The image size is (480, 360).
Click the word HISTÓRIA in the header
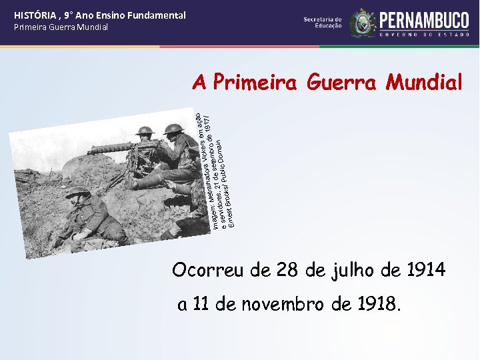pyautogui.click(x=34, y=15)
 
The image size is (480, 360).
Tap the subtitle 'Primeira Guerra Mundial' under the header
pyautogui.click(x=61, y=27)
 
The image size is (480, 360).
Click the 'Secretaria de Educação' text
pyautogui.click(x=323, y=23)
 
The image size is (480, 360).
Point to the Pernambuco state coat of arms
pyautogui.click(x=363, y=23)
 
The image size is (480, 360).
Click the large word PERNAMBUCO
pyautogui.click(x=425, y=19)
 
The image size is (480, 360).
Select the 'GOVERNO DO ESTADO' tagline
pyautogui.click(x=425, y=34)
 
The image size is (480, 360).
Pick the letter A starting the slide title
pyautogui.click(x=199, y=83)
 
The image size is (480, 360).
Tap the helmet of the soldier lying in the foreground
pyautogui.click(x=77, y=192)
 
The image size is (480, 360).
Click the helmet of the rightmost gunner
pyautogui.click(x=174, y=128)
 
